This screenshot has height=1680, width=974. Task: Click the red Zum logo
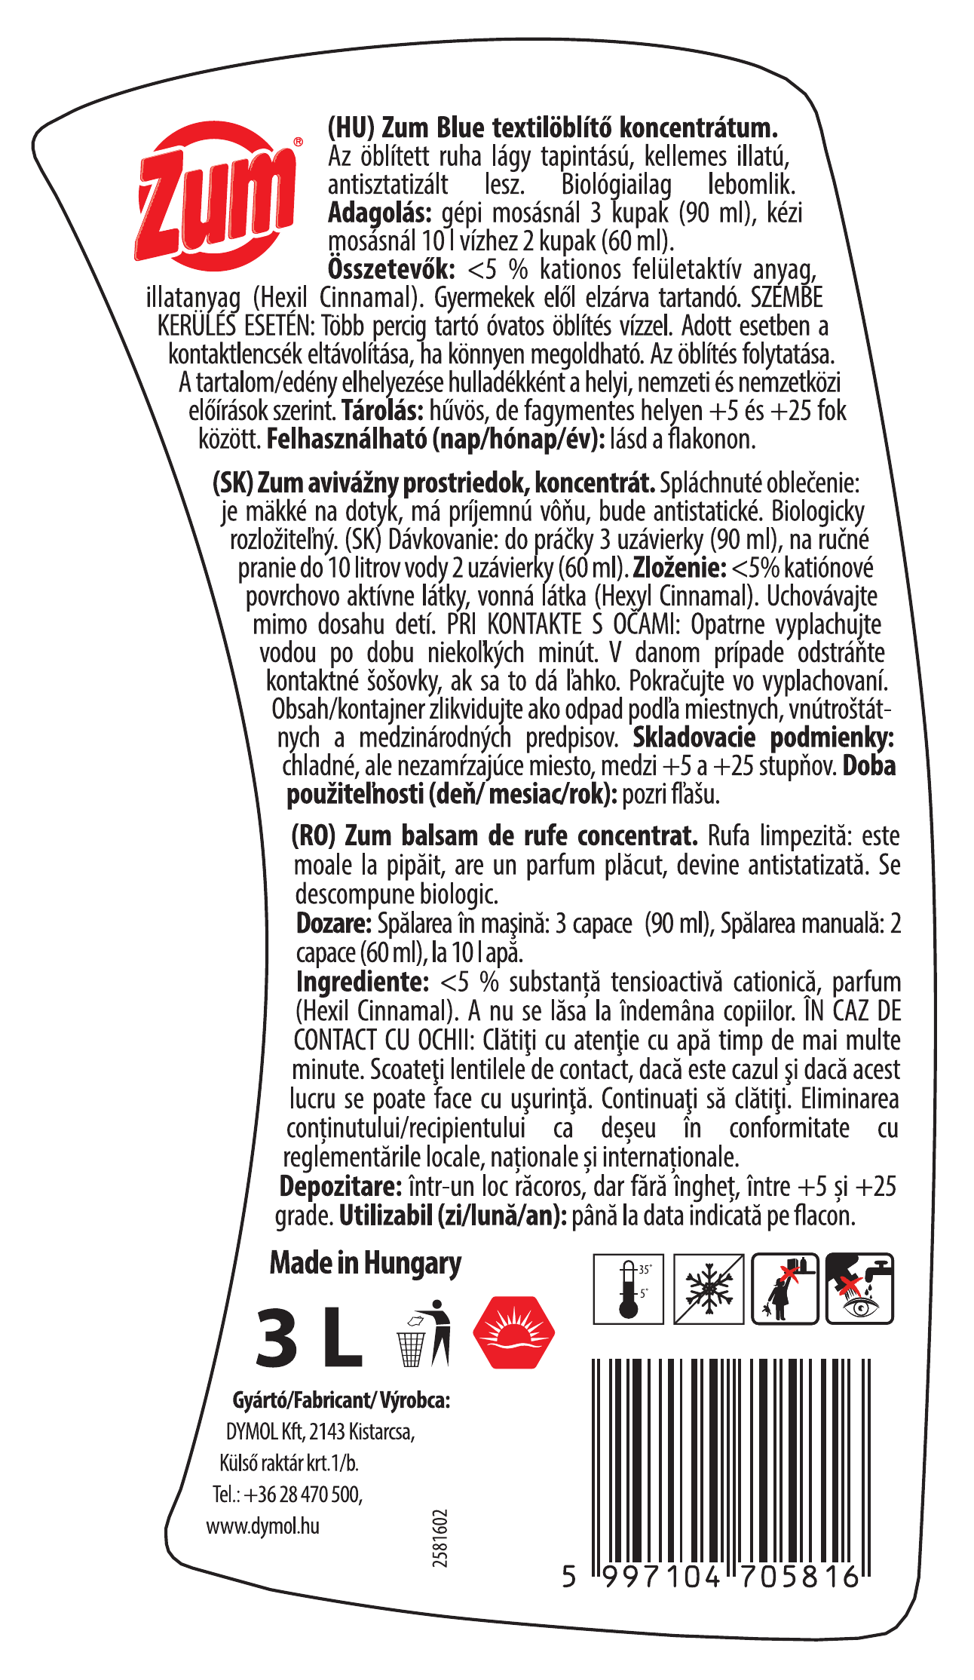(218, 195)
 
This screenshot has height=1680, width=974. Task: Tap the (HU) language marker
(351, 127)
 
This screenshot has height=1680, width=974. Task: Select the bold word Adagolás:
(380, 213)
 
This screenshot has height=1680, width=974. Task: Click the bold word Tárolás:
(382, 411)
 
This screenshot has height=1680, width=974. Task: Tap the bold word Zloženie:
(679, 568)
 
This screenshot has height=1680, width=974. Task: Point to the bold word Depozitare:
(341, 1186)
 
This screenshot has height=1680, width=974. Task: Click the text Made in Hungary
(366, 1263)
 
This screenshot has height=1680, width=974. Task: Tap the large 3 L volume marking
(309, 1337)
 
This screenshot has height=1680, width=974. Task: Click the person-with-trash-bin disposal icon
(424, 1333)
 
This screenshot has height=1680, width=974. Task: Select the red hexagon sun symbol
(514, 1332)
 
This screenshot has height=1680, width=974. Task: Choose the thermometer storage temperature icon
(628, 1289)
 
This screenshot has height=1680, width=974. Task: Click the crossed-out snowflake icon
(709, 1289)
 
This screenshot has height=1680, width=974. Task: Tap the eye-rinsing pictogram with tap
(859, 1289)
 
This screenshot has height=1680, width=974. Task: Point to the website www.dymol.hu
(262, 1525)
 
